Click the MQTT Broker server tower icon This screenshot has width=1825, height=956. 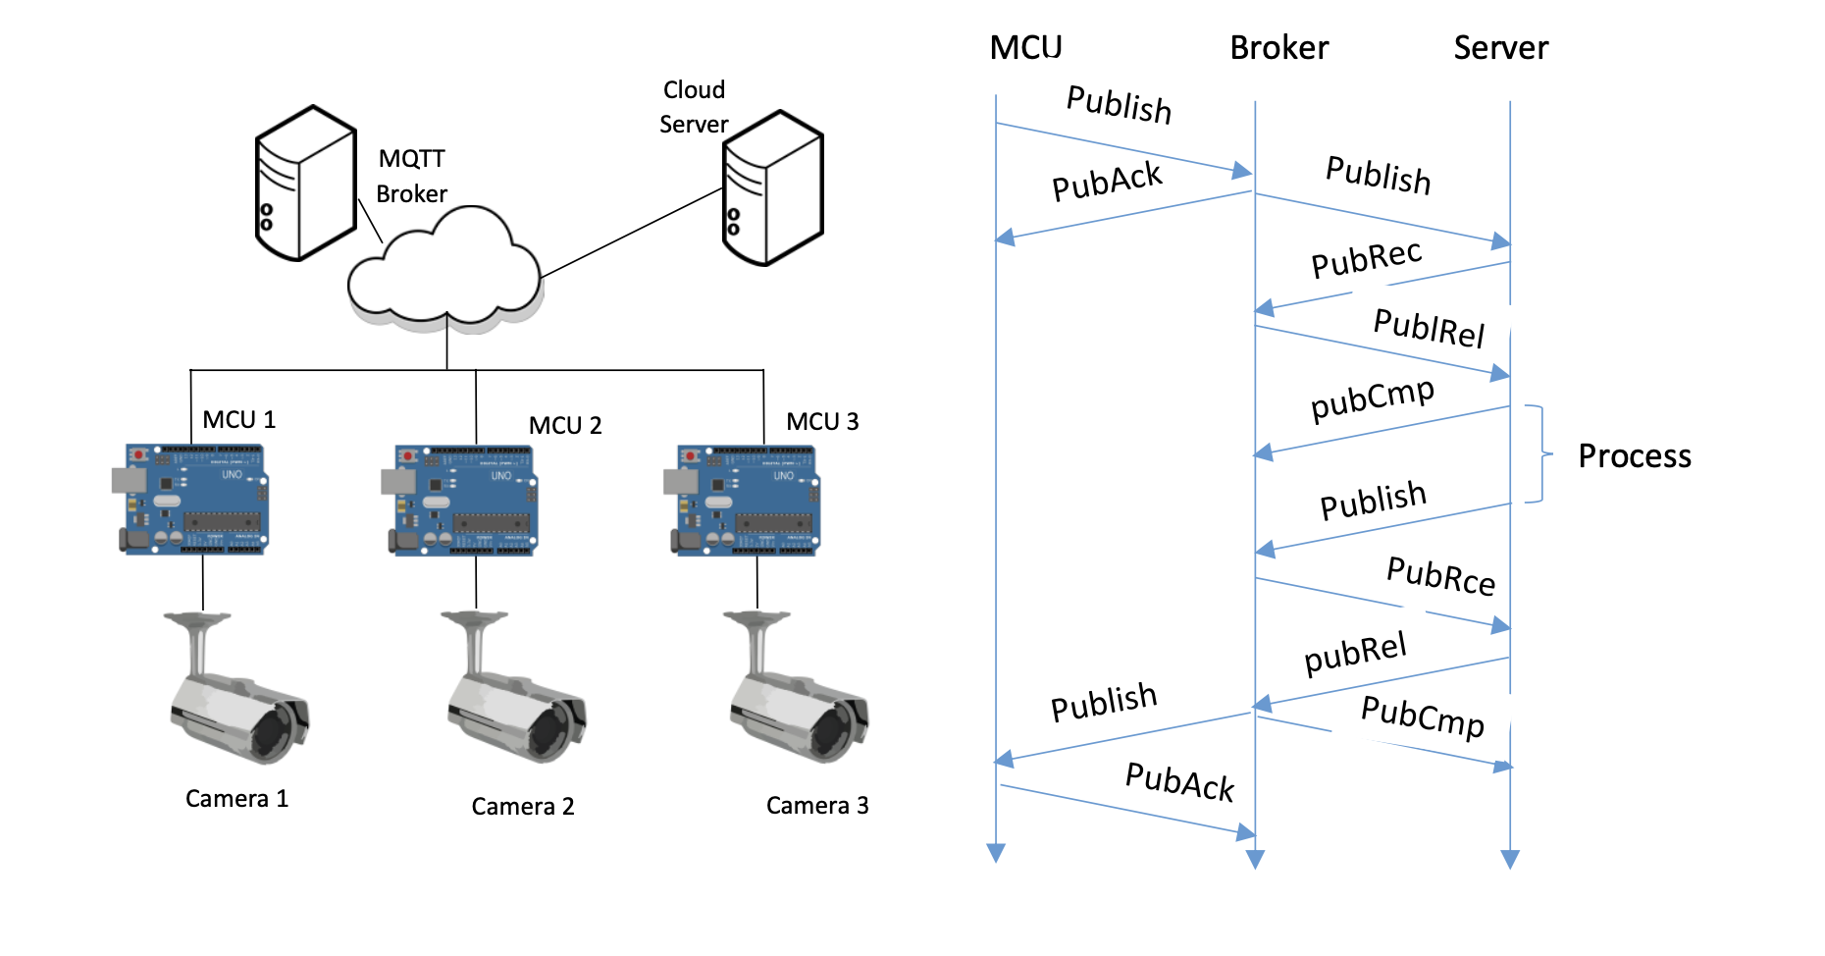point(305,184)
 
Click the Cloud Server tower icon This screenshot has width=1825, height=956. point(772,187)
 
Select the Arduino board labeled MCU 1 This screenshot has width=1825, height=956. point(192,500)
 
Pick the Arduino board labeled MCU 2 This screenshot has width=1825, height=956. point(461,501)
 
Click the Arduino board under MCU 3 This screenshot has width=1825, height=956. point(744,501)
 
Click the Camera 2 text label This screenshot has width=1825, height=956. point(522,807)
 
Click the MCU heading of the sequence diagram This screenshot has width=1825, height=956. point(1025,47)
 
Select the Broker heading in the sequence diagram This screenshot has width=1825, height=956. point(1278,47)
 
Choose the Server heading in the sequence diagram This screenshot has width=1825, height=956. point(1500,47)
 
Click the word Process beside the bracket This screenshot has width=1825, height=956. point(1634,456)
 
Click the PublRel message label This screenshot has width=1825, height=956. point(1429,327)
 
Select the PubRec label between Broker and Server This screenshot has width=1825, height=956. point(1366,258)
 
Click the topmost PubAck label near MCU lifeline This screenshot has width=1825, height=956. point(1106,182)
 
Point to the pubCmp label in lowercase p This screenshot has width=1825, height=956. point(1372,398)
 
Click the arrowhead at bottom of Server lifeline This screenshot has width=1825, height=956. point(1510,860)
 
